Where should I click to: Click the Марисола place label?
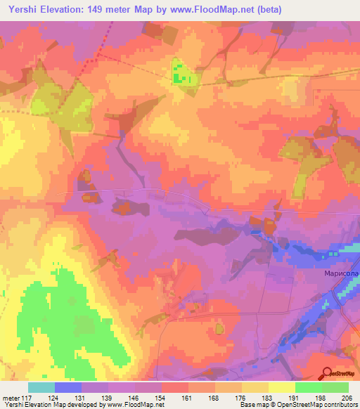tap(340, 273)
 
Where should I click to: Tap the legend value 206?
tap(347, 398)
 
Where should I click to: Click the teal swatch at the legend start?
tap(41, 387)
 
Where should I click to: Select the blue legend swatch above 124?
tap(68, 387)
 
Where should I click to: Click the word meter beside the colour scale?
tap(10, 398)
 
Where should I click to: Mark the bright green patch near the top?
tap(182, 73)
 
